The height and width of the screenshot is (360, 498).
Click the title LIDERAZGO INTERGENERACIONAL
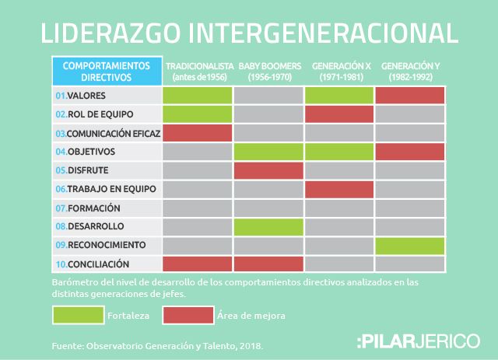point(249,32)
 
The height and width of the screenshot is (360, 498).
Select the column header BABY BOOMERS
point(268,71)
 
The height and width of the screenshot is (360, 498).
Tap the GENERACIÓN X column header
point(339,71)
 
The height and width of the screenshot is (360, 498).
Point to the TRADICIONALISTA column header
point(198,71)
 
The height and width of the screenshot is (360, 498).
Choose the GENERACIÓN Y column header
point(410,71)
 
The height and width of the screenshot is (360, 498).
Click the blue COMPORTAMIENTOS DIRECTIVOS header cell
point(107,71)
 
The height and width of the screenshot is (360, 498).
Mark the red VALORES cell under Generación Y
point(410,96)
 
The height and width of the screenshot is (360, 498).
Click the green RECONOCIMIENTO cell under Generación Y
point(410,246)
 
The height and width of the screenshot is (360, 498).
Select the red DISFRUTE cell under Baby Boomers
point(268,170)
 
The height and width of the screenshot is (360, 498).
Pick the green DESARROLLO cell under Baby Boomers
point(268,227)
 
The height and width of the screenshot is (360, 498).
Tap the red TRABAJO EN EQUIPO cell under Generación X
point(339,189)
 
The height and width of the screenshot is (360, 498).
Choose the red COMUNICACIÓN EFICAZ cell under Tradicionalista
point(198,133)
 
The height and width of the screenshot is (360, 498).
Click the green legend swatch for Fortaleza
point(78,315)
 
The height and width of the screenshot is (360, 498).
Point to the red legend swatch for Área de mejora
point(188,315)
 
